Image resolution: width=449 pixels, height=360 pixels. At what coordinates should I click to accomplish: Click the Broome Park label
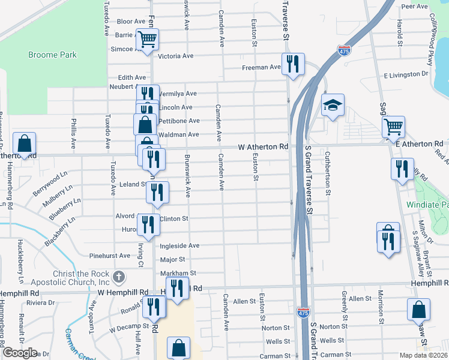(53, 55)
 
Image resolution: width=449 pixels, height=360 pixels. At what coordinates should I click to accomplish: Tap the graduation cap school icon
(333, 106)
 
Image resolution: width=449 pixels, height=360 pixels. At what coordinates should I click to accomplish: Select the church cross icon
(119, 277)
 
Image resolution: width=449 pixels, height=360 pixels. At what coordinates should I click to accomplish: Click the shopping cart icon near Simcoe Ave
(147, 40)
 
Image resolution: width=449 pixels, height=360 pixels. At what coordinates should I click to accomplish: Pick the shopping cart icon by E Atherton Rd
(394, 127)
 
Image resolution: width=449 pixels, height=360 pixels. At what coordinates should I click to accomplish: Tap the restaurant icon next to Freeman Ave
(293, 64)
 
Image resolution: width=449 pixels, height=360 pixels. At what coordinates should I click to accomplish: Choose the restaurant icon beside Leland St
(157, 192)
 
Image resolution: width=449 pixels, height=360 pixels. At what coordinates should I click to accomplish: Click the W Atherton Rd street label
(264, 146)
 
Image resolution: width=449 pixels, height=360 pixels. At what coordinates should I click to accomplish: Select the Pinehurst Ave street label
(108, 256)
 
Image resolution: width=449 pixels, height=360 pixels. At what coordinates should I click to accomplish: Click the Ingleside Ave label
(179, 245)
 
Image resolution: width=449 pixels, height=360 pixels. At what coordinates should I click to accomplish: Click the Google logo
(20, 352)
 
